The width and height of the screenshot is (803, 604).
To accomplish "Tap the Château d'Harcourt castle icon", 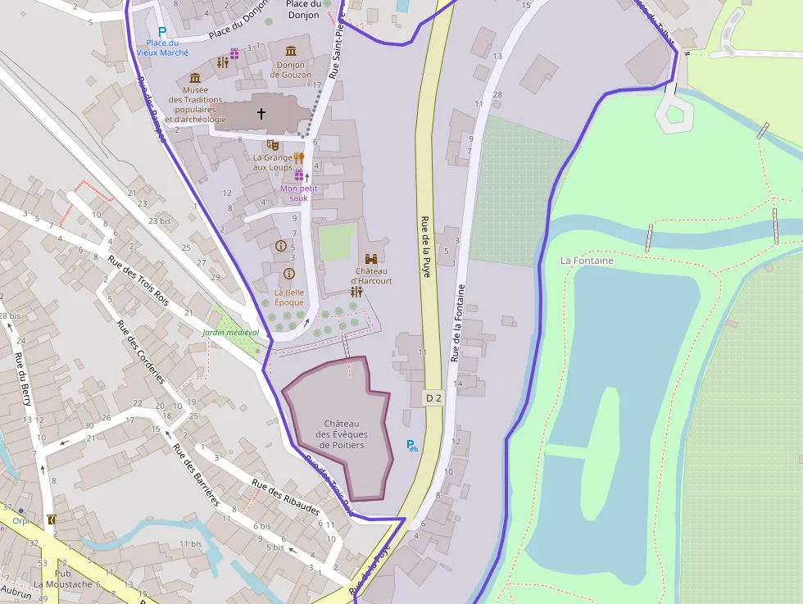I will (x=371, y=258).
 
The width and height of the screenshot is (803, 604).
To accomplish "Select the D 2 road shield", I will (x=433, y=398).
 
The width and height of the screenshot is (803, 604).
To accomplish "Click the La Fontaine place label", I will (x=587, y=261).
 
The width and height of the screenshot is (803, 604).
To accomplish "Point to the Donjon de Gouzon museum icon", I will (x=290, y=52).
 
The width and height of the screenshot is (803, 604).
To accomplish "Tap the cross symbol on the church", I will (x=262, y=114).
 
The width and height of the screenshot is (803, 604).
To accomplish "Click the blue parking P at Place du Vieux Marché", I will (x=162, y=32).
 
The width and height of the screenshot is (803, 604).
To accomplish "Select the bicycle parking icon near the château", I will (x=412, y=446).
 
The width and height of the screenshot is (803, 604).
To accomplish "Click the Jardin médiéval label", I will (x=231, y=333).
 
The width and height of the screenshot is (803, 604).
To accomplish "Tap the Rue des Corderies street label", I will (x=141, y=352).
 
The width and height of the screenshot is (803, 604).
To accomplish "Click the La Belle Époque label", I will (x=289, y=297).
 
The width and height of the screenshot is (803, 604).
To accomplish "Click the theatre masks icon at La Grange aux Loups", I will (x=273, y=144).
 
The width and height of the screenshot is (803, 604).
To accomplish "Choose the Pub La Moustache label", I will (x=63, y=579).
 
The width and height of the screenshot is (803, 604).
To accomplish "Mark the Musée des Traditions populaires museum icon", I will (x=195, y=77).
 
